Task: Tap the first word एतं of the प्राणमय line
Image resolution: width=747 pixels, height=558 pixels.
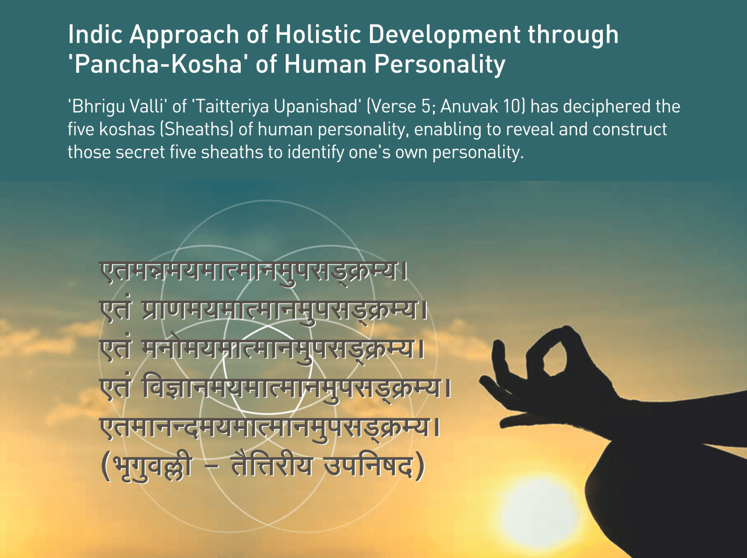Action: [115, 309]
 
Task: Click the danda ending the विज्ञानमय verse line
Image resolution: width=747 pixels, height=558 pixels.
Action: [449, 389]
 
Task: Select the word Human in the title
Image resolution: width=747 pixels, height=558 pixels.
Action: [325, 64]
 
